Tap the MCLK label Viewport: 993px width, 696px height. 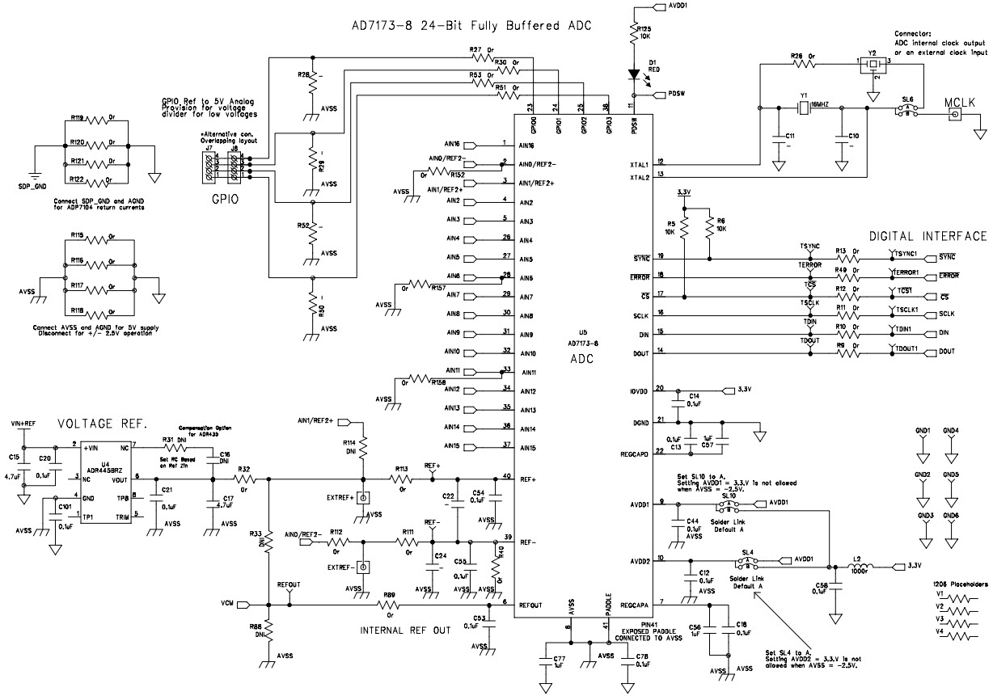coord(961,102)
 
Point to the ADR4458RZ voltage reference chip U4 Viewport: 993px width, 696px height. coord(108,482)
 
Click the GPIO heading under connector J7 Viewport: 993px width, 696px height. coord(224,196)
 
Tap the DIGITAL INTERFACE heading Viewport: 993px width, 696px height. coord(928,236)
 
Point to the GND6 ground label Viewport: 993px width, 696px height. coord(951,516)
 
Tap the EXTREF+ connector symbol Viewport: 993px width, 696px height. coord(364,496)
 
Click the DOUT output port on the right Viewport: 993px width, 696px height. coord(945,352)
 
